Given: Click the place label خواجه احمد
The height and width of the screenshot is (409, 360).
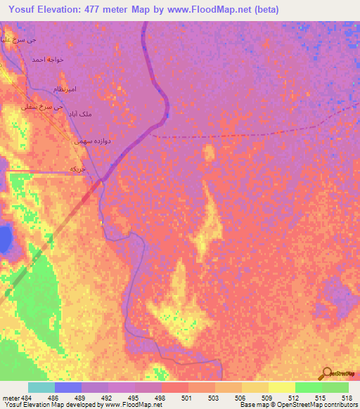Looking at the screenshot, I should pyautogui.click(x=47, y=60).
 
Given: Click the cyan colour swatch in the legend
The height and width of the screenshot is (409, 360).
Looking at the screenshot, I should pyautogui.click(x=41, y=387).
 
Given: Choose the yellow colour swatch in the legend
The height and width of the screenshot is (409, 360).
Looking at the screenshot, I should pyautogui.click(x=281, y=387).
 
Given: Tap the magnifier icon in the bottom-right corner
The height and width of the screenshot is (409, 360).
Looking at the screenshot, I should pyautogui.click(x=328, y=373).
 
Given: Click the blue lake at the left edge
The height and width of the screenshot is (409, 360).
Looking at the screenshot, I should pyautogui.click(x=4, y=239).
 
